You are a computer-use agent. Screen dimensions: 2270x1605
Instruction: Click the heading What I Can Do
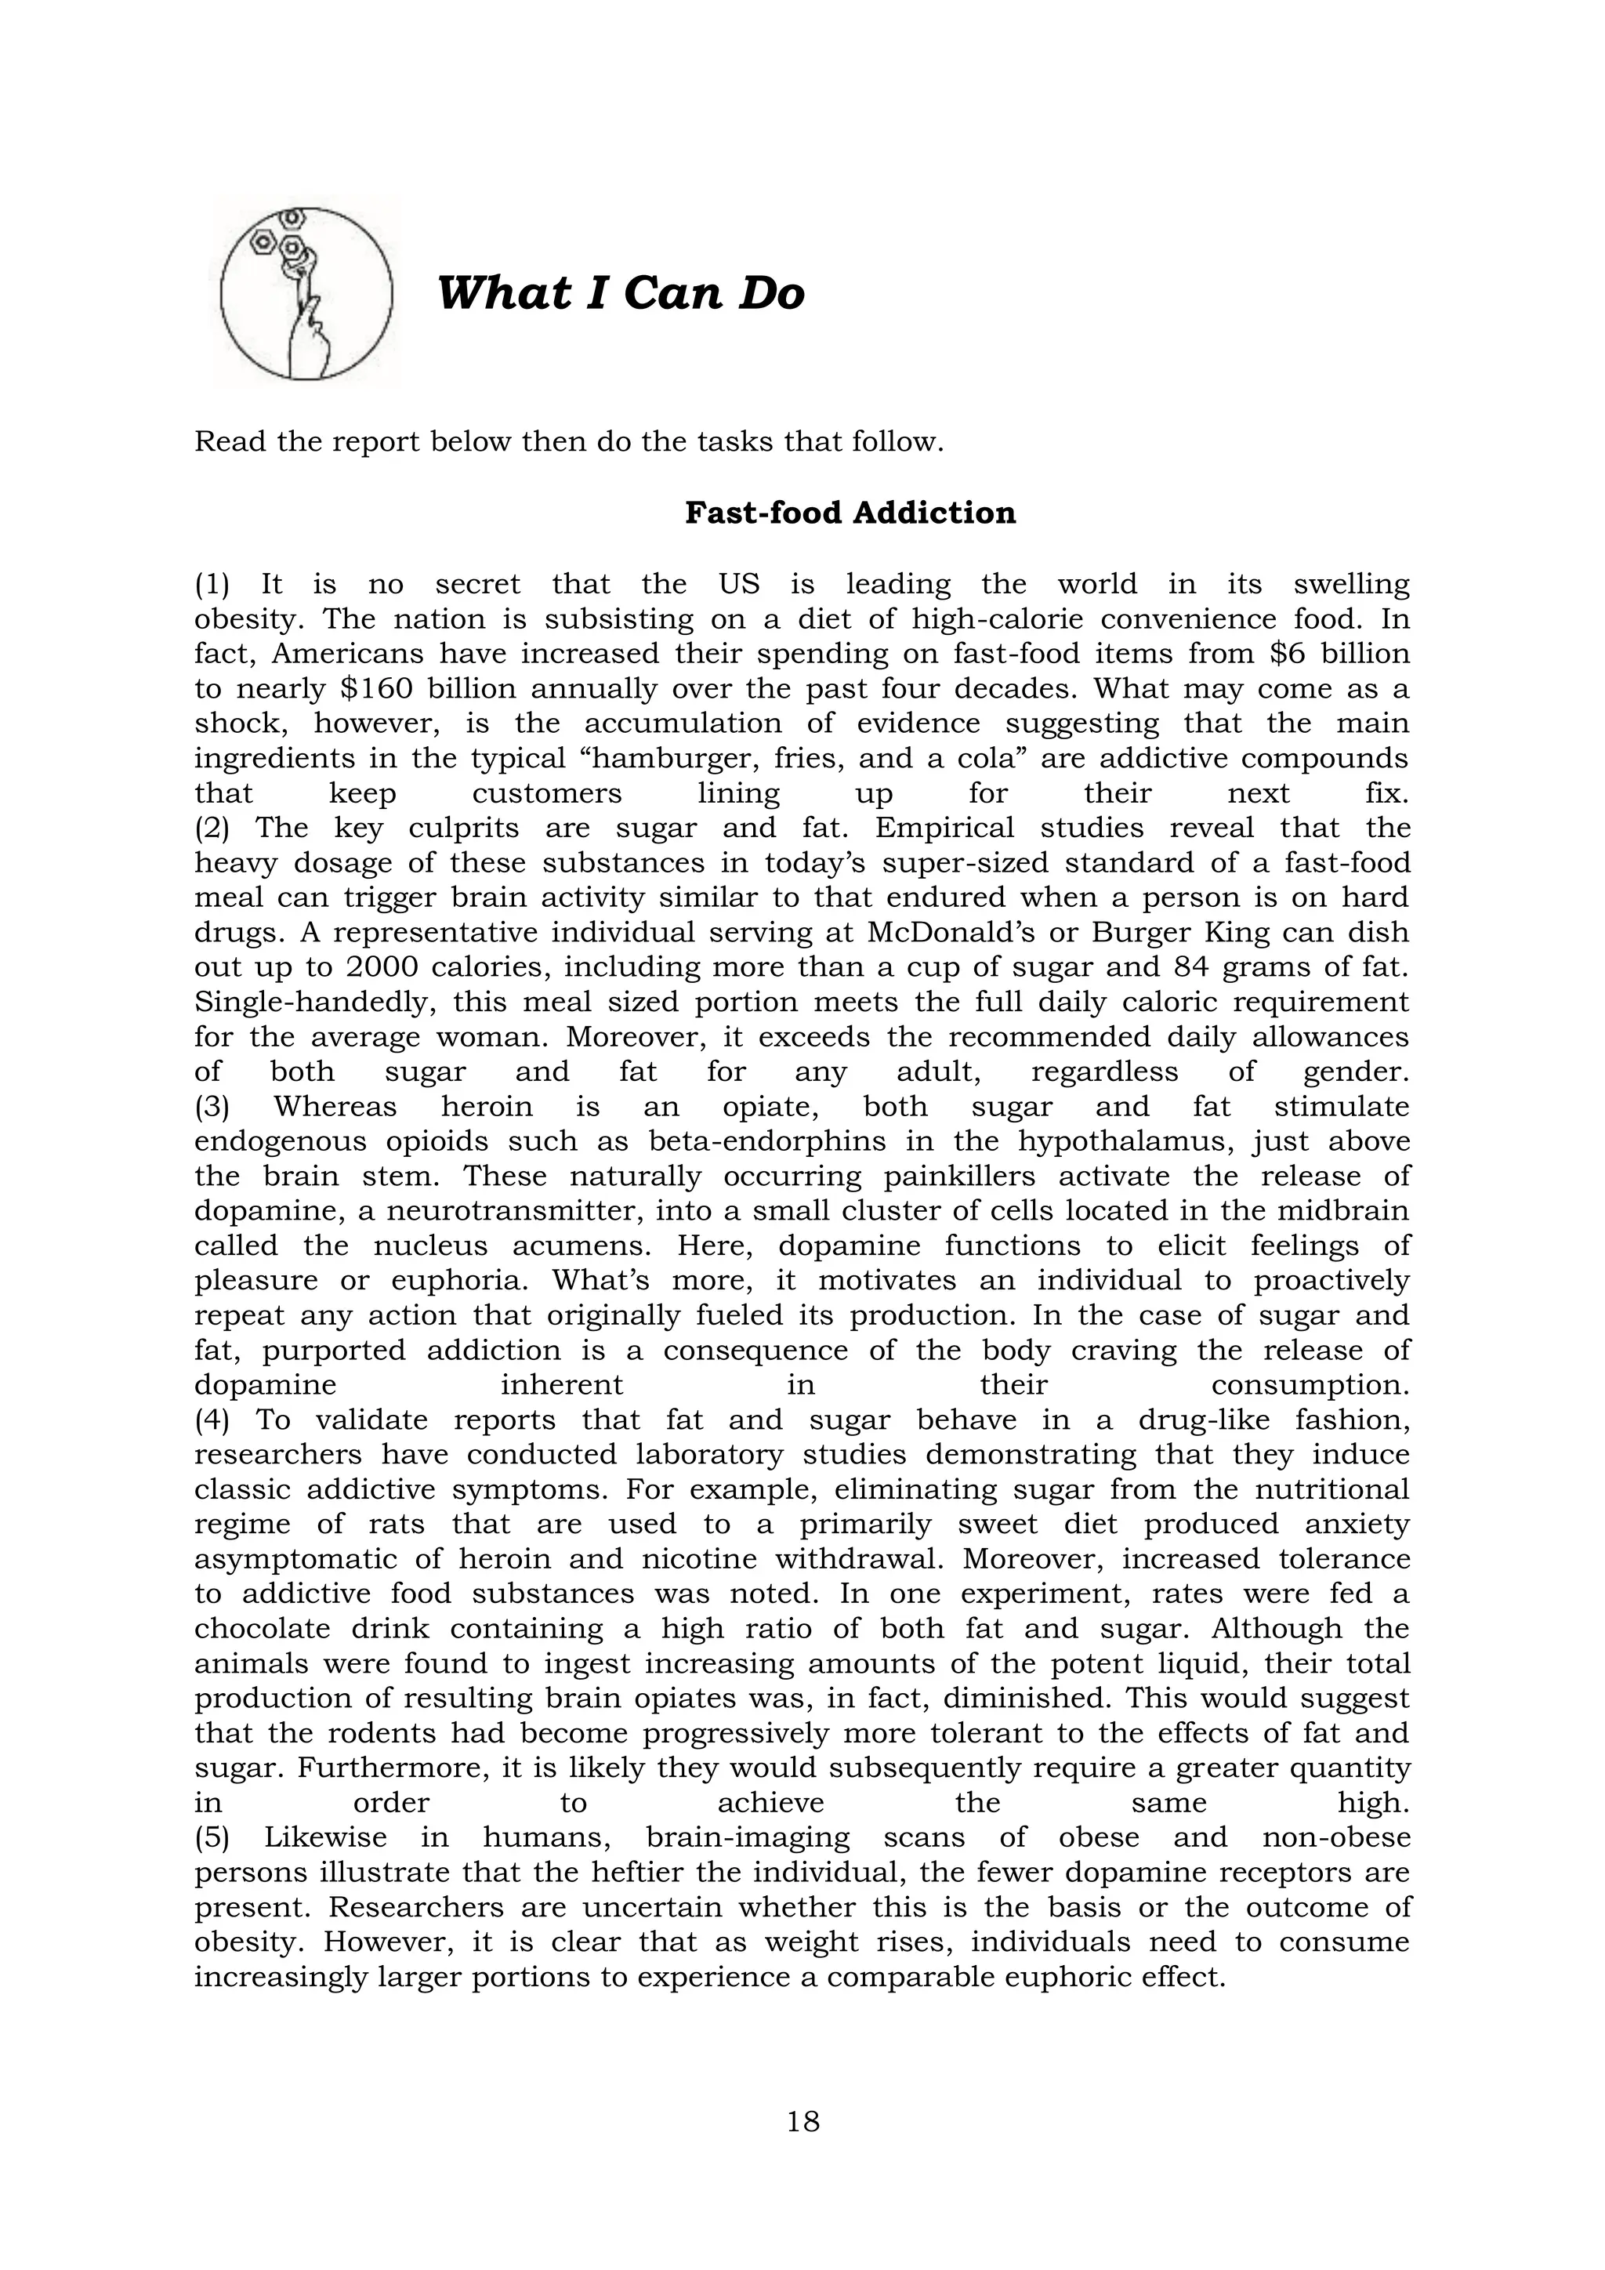pos(621,294)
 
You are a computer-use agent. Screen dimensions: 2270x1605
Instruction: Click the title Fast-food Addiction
pos(850,513)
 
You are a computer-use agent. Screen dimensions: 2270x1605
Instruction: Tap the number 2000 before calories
pos(379,967)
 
